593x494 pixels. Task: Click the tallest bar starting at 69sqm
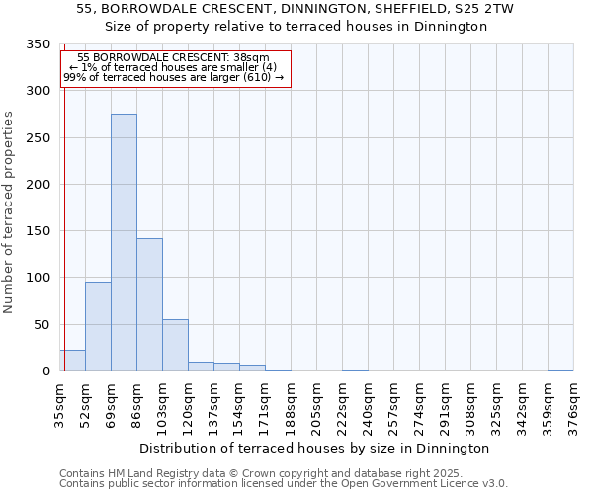point(124,242)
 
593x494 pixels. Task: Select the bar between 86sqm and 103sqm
point(149,304)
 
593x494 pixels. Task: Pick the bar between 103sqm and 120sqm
point(175,345)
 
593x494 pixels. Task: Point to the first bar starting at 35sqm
point(72,361)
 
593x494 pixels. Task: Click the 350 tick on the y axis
point(38,44)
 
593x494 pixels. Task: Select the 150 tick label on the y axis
point(38,231)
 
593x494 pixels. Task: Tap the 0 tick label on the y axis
point(45,371)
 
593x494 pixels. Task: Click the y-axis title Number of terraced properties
point(9,212)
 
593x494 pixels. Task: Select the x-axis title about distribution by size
point(314,448)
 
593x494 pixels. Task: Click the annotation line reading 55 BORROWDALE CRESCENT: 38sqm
point(172,58)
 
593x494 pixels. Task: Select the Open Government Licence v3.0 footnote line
point(284,484)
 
